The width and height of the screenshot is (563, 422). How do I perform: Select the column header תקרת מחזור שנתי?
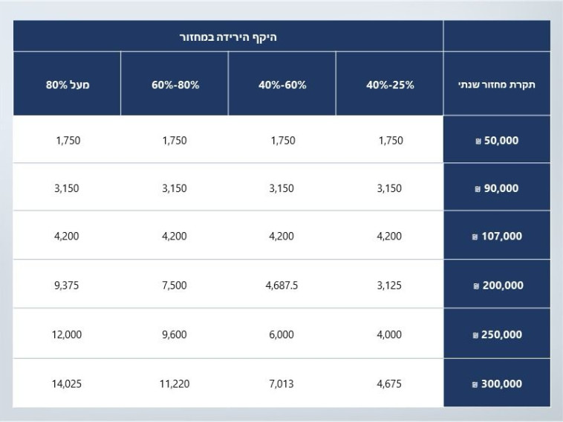click(x=497, y=85)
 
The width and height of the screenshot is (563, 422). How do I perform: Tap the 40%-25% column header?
click(x=390, y=85)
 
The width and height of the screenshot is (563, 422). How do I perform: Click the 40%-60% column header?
click(x=282, y=85)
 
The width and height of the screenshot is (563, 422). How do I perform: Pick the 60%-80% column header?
click(x=175, y=85)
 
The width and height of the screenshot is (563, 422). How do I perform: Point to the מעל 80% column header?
click(x=67, y=85)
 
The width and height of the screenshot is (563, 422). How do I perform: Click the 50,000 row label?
click(x=497, y=140)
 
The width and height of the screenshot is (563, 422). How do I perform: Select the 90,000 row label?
click(x=497, y=188)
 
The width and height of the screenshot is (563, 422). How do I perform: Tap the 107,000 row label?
click(x=497, y=237)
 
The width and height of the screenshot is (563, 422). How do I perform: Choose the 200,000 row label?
click(x=497, y=286)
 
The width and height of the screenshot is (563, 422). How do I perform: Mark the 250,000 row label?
click(x=497, y=334)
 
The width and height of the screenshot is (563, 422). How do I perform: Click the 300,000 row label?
click(x=497, y=384)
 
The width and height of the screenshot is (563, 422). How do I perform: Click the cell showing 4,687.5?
click(x=281, y=286)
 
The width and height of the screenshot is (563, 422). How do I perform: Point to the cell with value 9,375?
click(x=67, y=286)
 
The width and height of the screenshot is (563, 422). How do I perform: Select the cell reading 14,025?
click(x=67, y=384)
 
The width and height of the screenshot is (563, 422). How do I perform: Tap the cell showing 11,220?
click(x=175, y=384)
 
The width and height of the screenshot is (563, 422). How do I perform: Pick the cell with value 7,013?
click(x=281, y=384)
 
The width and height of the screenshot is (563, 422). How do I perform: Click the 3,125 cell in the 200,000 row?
click(x=389, y=286)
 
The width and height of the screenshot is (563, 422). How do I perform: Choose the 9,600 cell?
click(x=175, y=334)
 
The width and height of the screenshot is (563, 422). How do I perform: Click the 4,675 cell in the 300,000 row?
click(x=389, y=384)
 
